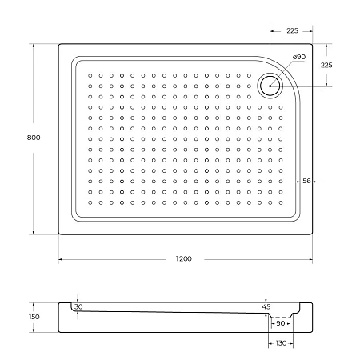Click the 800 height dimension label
(x=33, y=138)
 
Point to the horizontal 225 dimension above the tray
(x=293, y=30)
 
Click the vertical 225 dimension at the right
(x=326, y=65)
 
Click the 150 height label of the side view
(x=33, y=317)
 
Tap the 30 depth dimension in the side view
(x=78, y=306)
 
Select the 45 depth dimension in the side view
(x=266, y=306)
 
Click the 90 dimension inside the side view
(x=281, y=324)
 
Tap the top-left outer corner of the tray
(x=59, y=44)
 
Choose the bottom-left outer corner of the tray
(x=59, y=234)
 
